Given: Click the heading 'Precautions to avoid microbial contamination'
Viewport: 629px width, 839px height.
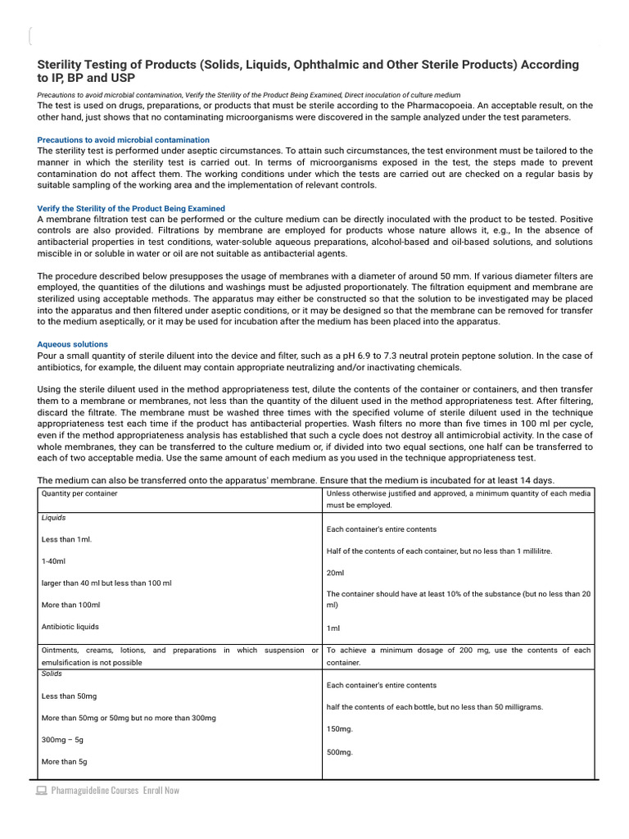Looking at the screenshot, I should point(124,140).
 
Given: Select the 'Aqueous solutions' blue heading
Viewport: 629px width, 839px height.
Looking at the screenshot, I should point(73,344).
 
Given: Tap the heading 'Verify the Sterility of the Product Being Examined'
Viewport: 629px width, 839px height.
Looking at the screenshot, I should point(131,209).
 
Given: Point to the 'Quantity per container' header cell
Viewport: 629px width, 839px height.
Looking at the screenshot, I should point(79,493).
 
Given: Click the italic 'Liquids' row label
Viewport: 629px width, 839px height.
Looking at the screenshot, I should point(54,518).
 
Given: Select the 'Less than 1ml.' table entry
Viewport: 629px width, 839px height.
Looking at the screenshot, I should point(66,539).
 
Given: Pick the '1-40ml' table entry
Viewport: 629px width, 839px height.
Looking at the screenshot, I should point(52,561).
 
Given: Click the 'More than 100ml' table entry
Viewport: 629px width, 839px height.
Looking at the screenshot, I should point(70,605).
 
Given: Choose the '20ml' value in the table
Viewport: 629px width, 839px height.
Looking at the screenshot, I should point(336,573).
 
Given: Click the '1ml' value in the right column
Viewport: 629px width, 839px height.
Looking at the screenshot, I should point(333,628).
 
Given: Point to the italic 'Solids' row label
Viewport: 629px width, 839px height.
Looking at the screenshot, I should point(52,673).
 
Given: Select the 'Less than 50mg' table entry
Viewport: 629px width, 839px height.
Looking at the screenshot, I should point(69,696).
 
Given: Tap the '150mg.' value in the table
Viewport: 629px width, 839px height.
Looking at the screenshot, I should point(340,728).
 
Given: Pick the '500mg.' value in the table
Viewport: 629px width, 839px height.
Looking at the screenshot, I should point(340,751).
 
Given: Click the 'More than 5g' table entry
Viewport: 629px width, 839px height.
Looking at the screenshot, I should point(64,761).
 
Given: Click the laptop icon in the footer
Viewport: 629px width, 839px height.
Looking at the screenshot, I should point(41,791).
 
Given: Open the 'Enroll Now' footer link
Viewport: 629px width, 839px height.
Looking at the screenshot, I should point(161,791).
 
